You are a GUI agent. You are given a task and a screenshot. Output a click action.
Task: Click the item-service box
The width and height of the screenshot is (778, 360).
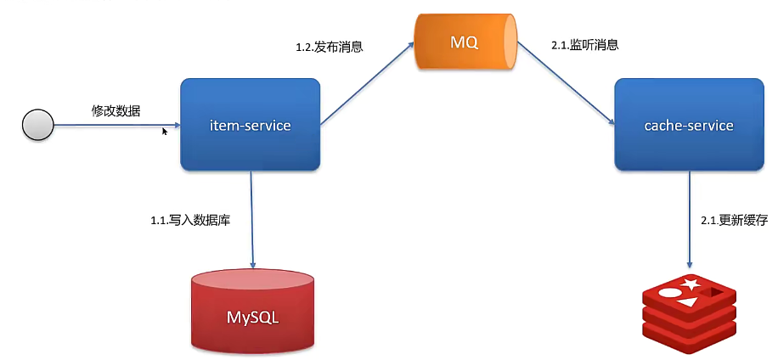(x=251, y=125)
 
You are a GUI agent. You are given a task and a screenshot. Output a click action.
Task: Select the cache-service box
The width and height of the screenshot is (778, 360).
(x=688, y=125)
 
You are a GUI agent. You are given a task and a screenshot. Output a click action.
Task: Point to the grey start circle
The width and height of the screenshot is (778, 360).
(x=37, y=127)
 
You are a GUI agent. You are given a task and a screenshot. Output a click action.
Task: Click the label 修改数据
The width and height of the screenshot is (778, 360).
(x=116, y=111)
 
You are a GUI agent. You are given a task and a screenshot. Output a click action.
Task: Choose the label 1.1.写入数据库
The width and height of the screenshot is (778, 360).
(x=191, y=220)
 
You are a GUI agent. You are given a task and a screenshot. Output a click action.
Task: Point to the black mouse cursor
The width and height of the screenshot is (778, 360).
(x=166, y=132)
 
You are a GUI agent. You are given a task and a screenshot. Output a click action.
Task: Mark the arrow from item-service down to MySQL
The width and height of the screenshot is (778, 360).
(x=252, y=217)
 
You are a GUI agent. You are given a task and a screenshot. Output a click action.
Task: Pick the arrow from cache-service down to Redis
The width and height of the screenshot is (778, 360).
(x=689, y=217)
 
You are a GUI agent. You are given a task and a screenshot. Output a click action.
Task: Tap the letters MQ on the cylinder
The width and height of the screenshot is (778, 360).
(x=465, y=40)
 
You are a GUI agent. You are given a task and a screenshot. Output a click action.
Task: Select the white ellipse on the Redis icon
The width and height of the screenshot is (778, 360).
(x=670, y=293)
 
